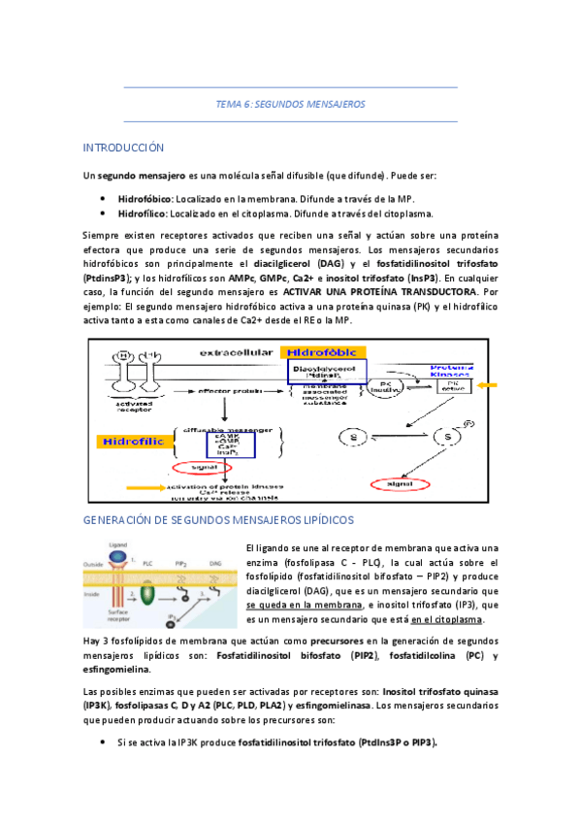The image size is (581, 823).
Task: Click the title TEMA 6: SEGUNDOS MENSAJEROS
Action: (x=290, y=104)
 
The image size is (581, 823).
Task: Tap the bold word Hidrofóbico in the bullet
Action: (x=145, y=196)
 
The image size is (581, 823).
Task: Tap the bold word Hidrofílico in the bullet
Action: (x=143, y=214)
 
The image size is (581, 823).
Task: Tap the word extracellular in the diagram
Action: (x=239, y=350)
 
